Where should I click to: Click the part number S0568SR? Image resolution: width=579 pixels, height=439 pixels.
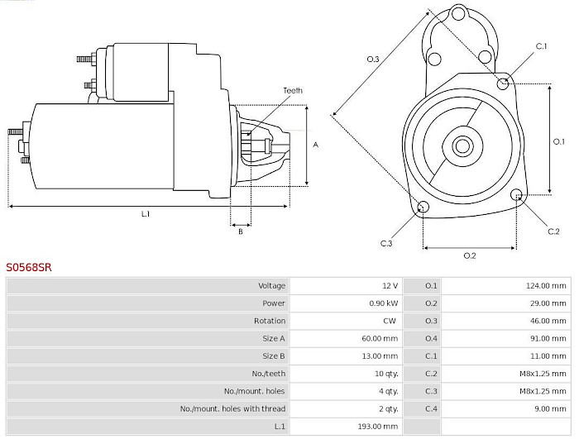tap(28, 268)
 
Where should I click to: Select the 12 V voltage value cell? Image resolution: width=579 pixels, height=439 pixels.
tap(390, 285)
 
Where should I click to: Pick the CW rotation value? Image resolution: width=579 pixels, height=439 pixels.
tap(390, 321)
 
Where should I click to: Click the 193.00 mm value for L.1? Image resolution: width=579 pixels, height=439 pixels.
tap(380, 426)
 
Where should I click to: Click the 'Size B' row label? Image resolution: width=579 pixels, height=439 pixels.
tap(273, 355)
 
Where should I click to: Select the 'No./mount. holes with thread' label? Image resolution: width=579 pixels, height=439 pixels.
tap(232, 408)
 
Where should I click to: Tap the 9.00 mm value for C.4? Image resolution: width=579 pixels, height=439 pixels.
tap(552, 408)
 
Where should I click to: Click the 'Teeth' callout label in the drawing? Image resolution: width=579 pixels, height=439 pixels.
tap(293, 90)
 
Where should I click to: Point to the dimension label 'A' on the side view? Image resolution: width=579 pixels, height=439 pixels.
tap(316, 145)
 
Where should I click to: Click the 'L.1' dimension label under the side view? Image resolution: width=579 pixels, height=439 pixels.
tap(146, 214)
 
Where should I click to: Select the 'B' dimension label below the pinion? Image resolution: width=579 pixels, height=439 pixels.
tap(241, 232)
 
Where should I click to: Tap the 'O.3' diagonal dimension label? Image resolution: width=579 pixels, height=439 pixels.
tap(373, 59)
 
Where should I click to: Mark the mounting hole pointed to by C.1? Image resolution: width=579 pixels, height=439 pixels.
tap(503, 84)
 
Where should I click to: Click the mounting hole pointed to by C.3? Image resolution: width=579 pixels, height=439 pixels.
tap(423, 207)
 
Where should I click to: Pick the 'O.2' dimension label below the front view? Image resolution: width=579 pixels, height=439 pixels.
tap(469, 255)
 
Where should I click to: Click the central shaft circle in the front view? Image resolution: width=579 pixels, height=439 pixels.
tap(462, 146)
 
